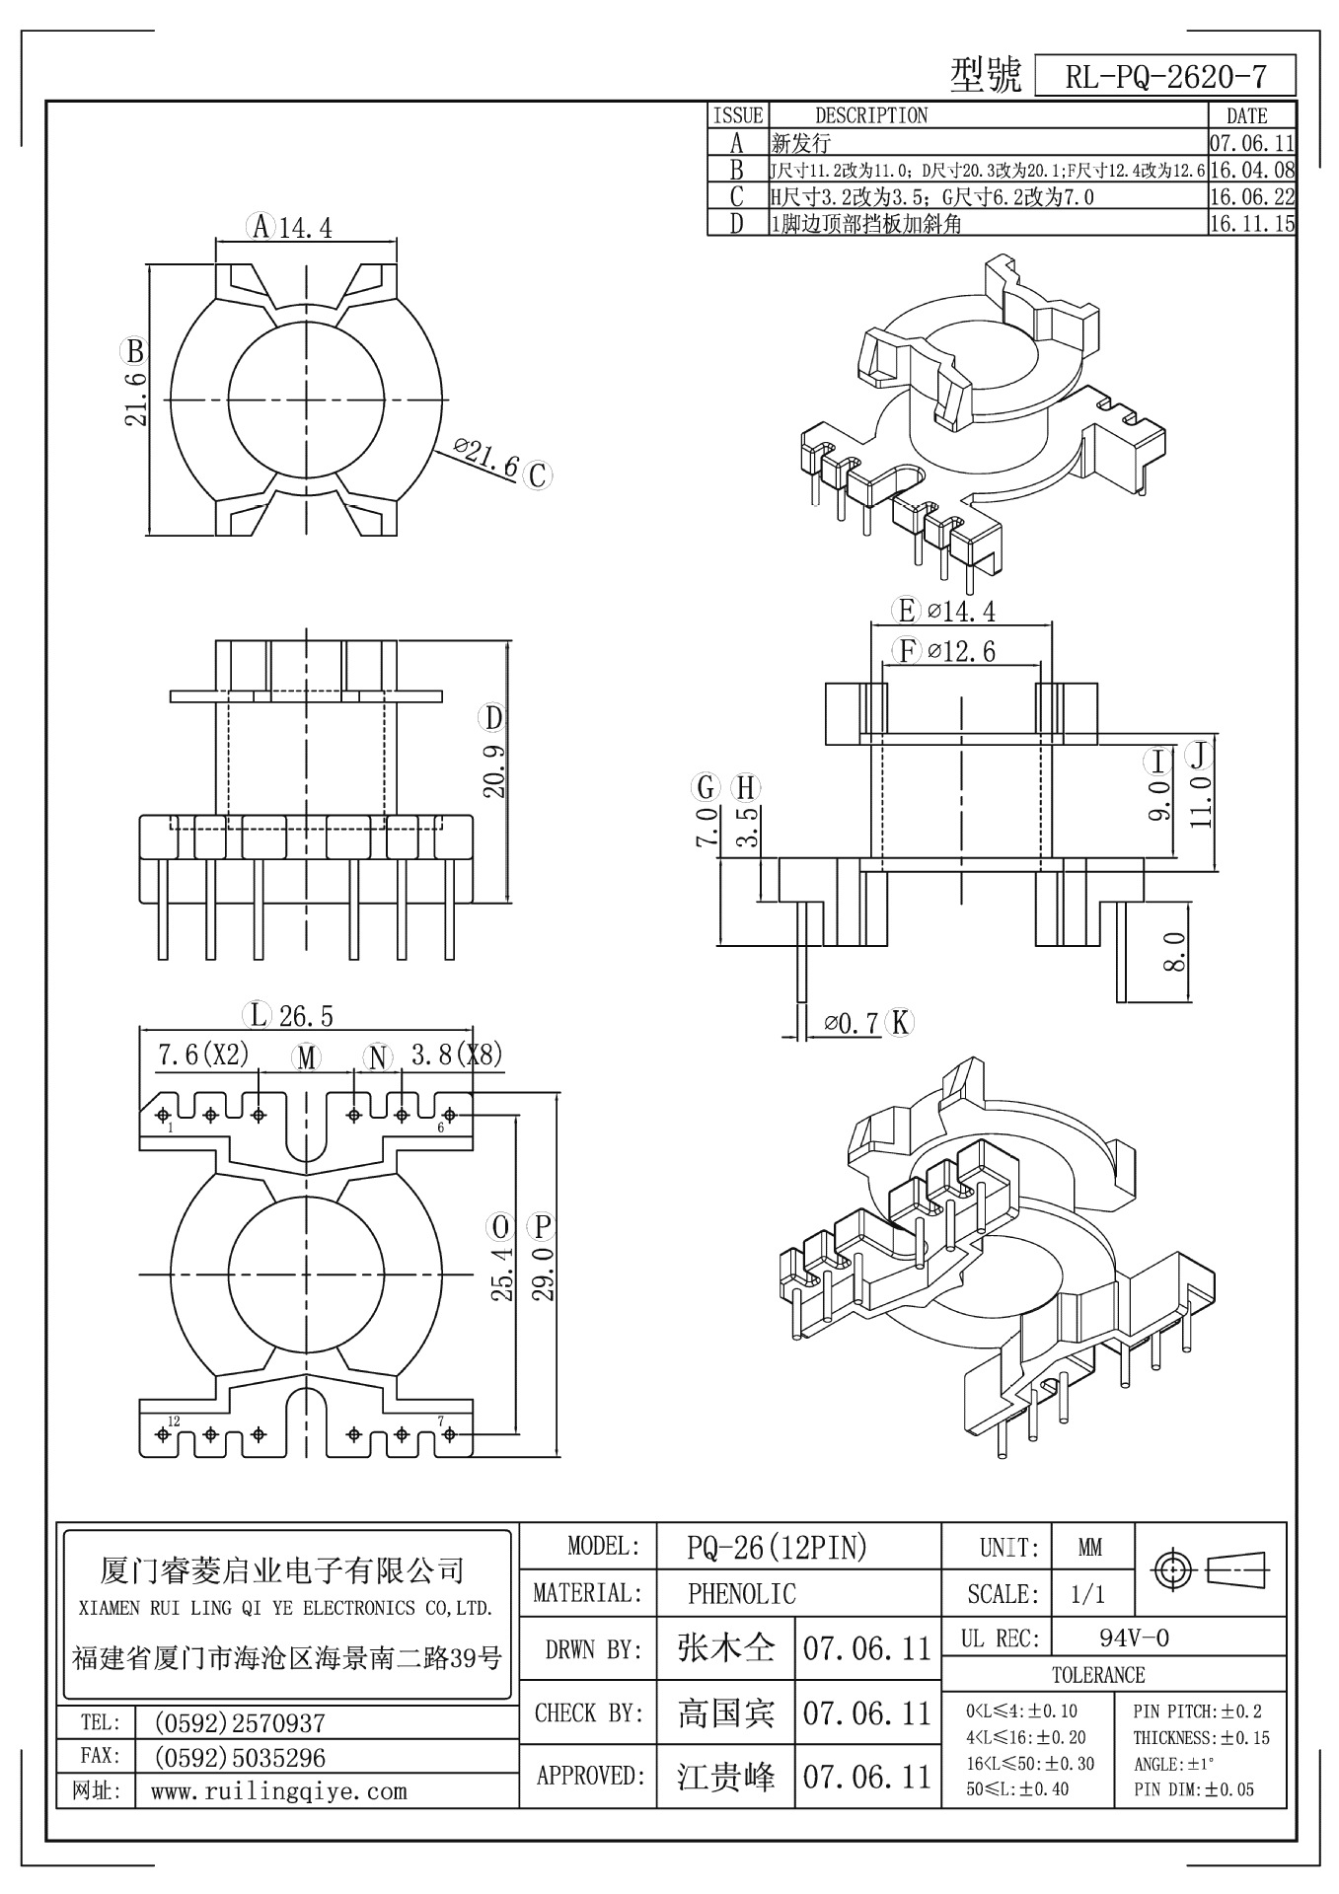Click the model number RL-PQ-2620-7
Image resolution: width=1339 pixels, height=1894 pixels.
click(1165, 77)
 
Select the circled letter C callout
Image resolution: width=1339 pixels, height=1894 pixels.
click(537, 475)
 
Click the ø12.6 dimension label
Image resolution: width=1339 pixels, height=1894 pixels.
click(961, 651)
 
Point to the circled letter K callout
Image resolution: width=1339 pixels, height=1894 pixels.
click(899, 1023)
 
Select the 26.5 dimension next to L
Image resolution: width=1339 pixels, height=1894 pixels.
click(306, 1014)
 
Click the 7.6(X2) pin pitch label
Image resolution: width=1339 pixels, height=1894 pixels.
click(203, 1056)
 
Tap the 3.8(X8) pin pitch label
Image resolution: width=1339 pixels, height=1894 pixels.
click(456, 1056)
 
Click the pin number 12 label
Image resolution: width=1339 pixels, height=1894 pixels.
click(174, 1421)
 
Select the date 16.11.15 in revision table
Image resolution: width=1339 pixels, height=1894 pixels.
click(1250, 224)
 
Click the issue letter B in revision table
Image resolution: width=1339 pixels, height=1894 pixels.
click(736, 171)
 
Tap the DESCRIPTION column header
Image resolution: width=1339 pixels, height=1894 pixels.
click(870, 116)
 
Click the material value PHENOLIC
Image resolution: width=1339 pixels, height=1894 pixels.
click(741, 1593)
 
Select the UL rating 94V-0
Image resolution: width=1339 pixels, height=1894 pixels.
click(1134, 1638)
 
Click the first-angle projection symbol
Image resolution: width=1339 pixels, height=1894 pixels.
click(1212, 1568)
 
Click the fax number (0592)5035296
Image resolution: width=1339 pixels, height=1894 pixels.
click(240, 1757)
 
